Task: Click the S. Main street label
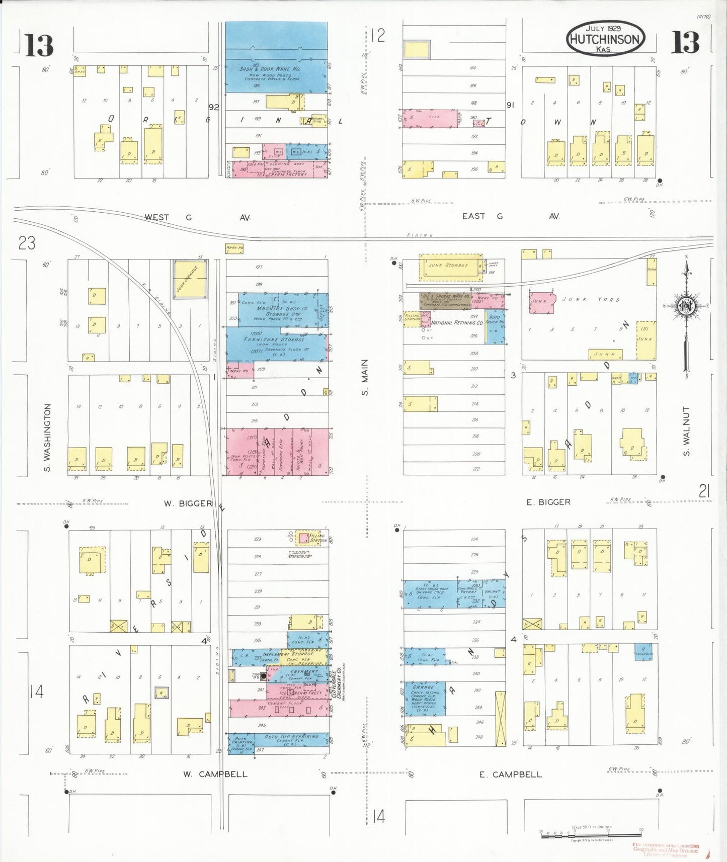pos(365,377)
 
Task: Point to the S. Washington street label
pos(48,439)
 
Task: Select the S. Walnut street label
pos(687,432)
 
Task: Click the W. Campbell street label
pos(215,774)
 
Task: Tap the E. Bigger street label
pos(548,502)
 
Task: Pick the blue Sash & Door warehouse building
pos(276,57)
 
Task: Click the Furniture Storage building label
pos(275,339)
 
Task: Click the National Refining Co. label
pos(457,322)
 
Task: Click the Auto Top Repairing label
pos(291,737)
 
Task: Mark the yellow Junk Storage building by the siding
pos(190,279)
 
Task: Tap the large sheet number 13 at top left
pos(39,45)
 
